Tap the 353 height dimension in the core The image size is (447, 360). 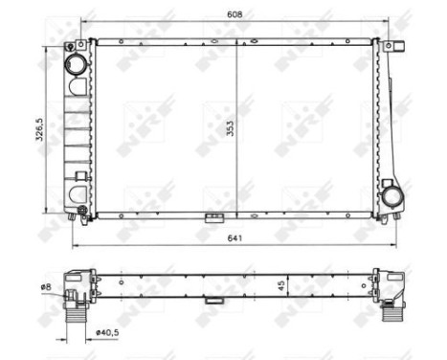(x=230, y=133)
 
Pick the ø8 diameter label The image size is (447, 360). (x=45, y=285)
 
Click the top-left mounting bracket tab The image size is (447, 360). (x=71, y=45)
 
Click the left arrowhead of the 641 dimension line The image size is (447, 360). (x=75, y=245)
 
